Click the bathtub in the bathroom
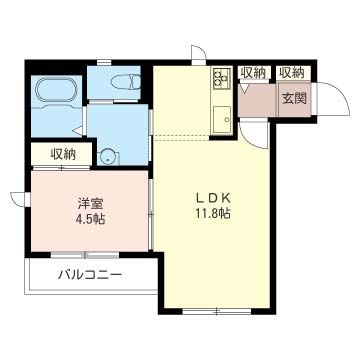click(58, 93)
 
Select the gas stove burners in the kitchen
click(220, 77)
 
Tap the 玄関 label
click(294, 98)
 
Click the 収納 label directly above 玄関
click(292, 72)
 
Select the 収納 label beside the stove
click(253, 72)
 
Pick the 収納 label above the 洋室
click(62, 154)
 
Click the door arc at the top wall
click(199, 53)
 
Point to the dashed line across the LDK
click(190, 137)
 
